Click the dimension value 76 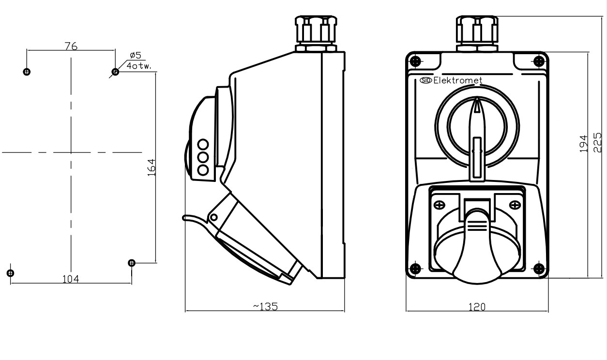click(x=71, y=46)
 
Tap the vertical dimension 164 click(x=151, y=167)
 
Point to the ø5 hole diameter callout click(x=135, y=56)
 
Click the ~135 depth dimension click(x=265, y=306)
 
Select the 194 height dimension click(x=584, y=144)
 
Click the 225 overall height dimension click(x=597, y=144)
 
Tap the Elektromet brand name click(x=457, y=81)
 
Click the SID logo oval click(x=426, y=80)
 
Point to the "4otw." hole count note click(x=139, y=65)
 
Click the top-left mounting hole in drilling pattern click(x=27, y=72)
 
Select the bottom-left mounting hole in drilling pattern click(x=10, y=272)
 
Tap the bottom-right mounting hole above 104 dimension click(x=131, y=263)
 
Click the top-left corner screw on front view click(x=415, y=61)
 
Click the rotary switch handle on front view click(x=477, y=131)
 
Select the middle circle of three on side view click(x=203, y=157)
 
